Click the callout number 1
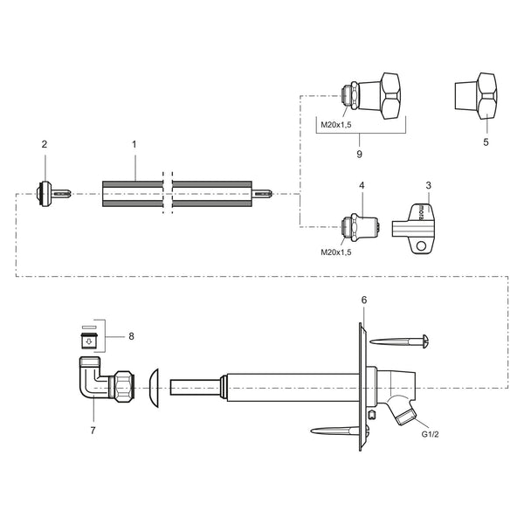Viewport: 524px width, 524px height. pos(134,145)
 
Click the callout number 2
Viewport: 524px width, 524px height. pos(45,144)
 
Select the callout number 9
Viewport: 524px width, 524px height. pos(359,154)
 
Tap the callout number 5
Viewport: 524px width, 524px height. pos(486,142)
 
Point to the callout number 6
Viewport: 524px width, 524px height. pos(364,300)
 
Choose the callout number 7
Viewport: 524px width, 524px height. pos(93,431)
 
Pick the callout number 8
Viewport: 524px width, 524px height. pos(131,336)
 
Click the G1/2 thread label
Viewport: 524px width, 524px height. pos(430,434)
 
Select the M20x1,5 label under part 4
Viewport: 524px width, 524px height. pos(336,252)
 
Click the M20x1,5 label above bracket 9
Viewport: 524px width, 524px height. pos(336,125)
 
